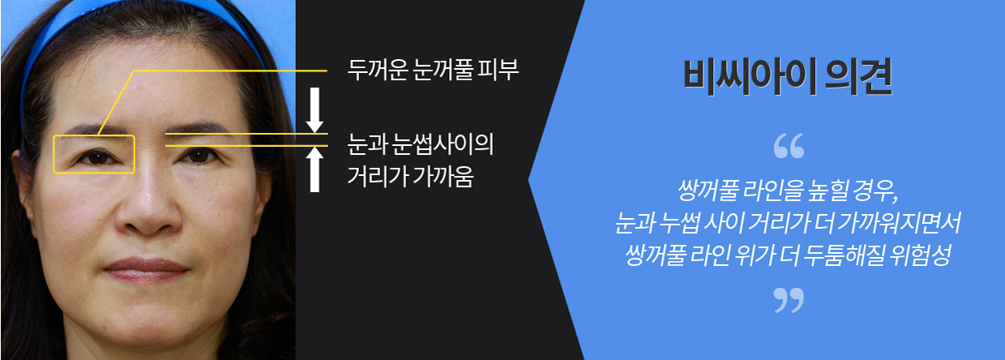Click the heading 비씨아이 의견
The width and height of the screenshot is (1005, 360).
[x=788, y=77]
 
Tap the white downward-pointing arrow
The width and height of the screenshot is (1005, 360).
[x=315, y=110]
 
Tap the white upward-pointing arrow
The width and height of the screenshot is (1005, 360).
[x=315, y=169]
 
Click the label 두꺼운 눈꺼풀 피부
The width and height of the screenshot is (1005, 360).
[x=433, y=70]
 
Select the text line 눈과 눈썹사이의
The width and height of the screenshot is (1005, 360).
[x=421, y=144]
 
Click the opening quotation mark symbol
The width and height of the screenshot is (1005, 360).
[x=789, y=146]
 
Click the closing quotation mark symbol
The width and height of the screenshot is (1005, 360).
[x=789, y=300]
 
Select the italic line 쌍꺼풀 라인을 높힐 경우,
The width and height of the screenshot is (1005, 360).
[x=788, y=191]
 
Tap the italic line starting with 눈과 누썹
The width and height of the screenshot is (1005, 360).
[x=788, y=223]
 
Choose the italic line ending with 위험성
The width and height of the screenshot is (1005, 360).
[x=788, y=255]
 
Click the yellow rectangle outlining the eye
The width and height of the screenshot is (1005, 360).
[x=53, y=154]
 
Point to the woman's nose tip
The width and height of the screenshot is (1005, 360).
[x=148, y=220]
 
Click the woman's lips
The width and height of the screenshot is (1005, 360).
[x=147, y=270]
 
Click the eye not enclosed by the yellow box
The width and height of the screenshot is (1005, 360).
[x=198, y=156]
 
